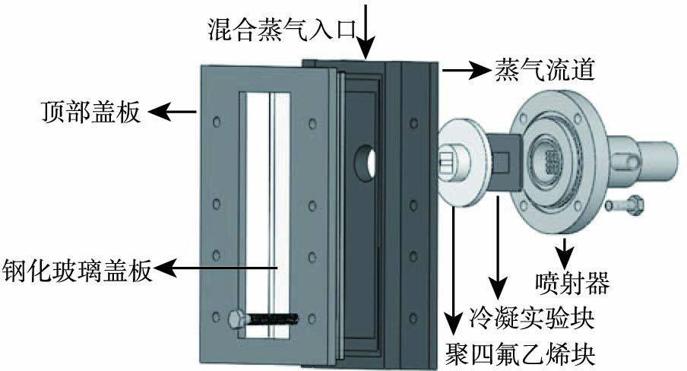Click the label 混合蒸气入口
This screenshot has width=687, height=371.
pos(281,30)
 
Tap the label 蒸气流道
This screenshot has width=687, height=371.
pos(545,70)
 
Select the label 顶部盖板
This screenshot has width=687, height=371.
pos(91,112)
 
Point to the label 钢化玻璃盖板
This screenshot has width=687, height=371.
pos(77,269)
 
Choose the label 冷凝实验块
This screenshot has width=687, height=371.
pos(531,319)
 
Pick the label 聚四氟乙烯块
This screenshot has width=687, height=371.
pos(520,354)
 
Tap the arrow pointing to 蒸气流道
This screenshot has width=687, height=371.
pos(465,70)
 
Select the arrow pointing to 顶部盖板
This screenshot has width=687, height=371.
pos(173,112)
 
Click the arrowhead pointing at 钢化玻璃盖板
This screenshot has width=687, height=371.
pos(164,268)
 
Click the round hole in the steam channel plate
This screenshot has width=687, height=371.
pos(365,163)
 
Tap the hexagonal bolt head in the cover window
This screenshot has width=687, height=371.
pos(237,319)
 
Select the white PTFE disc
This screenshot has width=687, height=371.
pos(460,163)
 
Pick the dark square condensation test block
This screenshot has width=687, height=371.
pos(505,162)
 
